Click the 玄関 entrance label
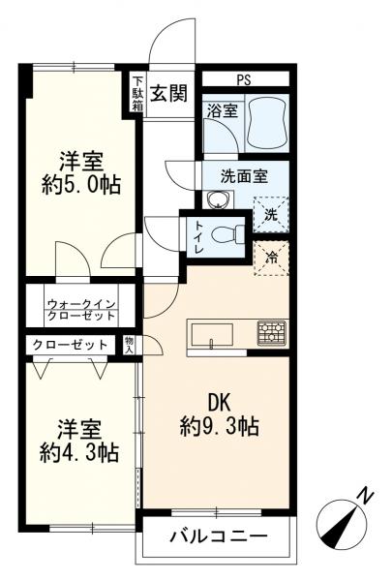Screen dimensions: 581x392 coord(170,93)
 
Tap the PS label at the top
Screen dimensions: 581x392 coord(242,79)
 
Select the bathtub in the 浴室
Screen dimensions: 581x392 coord(259,121)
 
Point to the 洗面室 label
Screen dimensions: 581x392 coord(243,176)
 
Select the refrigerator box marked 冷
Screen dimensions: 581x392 coord(272,258)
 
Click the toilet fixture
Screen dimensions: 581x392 coord(225,234)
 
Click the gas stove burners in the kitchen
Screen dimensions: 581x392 coord(271,331)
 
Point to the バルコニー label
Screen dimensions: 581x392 coord(218,535)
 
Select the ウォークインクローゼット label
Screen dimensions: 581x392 coord(81,310)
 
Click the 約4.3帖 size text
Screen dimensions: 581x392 coord(79,452)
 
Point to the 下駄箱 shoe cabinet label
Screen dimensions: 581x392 coord(138,93)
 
